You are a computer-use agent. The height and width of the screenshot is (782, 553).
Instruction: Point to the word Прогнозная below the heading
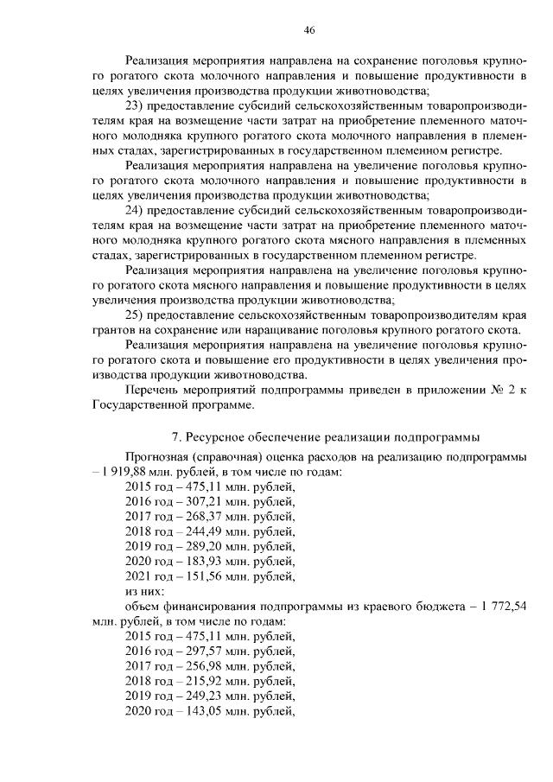[x=157, y=456]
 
